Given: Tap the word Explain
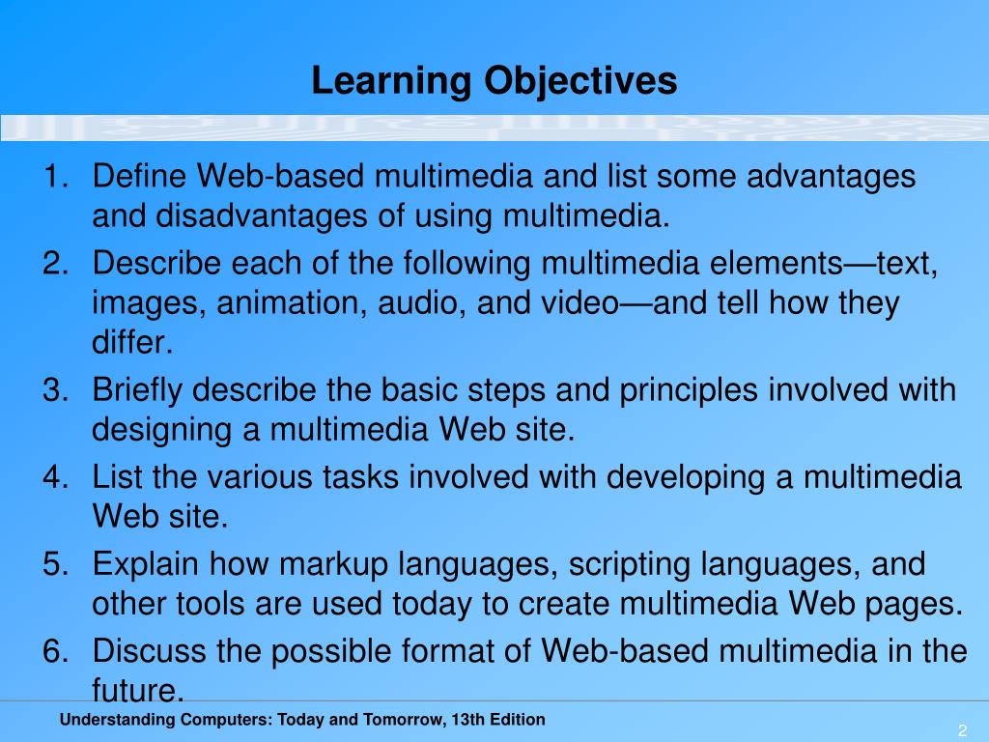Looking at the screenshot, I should (146, 564).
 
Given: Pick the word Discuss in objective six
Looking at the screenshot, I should (150, 651).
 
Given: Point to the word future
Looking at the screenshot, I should (134, 689).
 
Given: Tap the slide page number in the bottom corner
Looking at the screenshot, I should (963, 728).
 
